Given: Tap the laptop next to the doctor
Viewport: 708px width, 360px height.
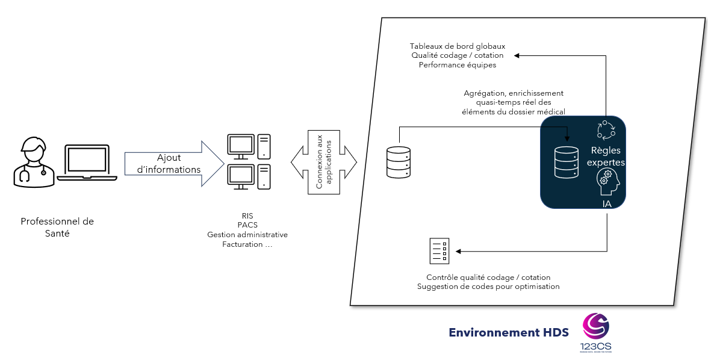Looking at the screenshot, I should pyautogui.click(x=88, y=162).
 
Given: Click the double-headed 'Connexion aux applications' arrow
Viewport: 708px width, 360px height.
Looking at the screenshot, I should pyautogui.click(x=324, y=162).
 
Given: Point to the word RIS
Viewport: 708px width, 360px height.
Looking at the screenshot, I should pyautogui.click(x=247, y=215).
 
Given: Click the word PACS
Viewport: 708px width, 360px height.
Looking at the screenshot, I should pyautogui.click(x=247, y=225).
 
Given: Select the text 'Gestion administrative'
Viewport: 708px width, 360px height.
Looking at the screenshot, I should pyautogui.click(x=247, y=234).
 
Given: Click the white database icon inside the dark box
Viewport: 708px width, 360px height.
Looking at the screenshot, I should pyautogui.click(x=566, y=162).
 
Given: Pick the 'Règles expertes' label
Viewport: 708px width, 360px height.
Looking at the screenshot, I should pyautogui.click(x=606, y=157).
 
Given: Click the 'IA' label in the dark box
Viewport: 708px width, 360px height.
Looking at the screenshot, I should pyautogui.click(x=607, y=204).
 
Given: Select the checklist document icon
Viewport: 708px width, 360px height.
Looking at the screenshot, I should pyautogui.click(x=439, y=251).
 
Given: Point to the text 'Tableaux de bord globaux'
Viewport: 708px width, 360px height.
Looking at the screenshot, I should pyautogui.click(x=458, y=46).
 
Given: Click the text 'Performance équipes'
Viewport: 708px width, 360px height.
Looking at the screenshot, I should pyautogui.click(x=458, y=64).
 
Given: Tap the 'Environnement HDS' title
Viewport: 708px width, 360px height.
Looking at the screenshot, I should pyautogui.click(x=509, y=332).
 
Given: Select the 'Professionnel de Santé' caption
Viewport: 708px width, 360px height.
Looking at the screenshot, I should pyautogui.click(x=57, y=227).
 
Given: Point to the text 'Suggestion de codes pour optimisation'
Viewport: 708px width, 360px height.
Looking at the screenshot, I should pyautogui.click(x=488, y=287).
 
